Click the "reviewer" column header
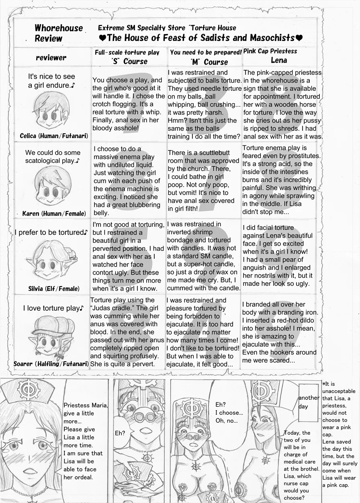(51, 57)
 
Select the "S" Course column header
(129, 61)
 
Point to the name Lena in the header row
(279, 60)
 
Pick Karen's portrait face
(51, 186)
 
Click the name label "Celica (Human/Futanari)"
(54, 136)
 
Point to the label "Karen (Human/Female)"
(53, 213)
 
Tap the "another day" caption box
(309, 401)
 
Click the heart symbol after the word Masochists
(299, 38)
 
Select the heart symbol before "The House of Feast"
(102, 38)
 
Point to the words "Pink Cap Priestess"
(270, 51)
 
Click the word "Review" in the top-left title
(48, 39)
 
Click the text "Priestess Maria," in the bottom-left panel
(86, 405)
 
